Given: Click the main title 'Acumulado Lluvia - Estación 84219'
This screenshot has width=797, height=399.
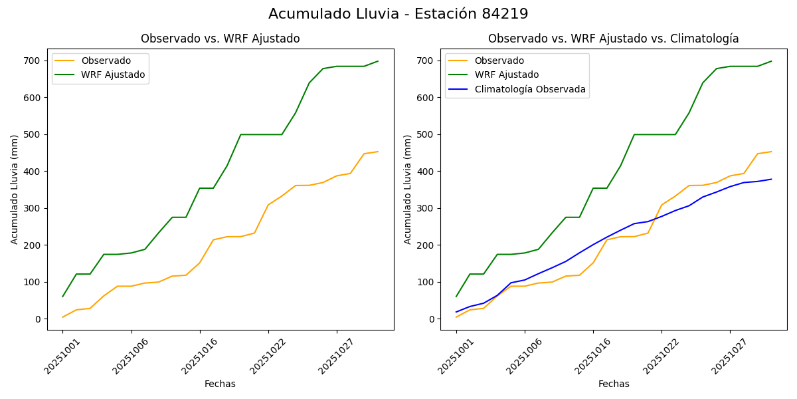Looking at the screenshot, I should pyautogui.click(x=398, y=14).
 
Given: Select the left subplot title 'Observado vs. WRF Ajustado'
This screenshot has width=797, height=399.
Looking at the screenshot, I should pyautogui.click(x=220, y=39).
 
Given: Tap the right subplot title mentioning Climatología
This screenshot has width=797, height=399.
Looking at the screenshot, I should pyautogui.click(x=613, y=39).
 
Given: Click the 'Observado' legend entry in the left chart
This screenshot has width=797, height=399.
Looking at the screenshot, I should pyautogui.click(x=106, y=61).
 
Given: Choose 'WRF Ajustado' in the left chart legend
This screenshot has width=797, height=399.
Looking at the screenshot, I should pyautogui.click(x=113, y=75).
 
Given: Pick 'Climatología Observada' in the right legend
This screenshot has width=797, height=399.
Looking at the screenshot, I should pyautogui.click(x=529, y=90).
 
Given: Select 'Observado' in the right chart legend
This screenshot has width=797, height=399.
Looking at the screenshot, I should pyautogui.click(x=499, y=61).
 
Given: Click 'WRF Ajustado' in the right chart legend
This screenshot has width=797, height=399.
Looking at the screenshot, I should pyautogui.click(x=506, y=75).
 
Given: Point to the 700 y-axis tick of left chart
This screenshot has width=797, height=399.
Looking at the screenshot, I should pyautogui.click(x=35, y=61).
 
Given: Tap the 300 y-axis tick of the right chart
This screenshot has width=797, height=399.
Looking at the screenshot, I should pyautogui.click(x=428, y=208).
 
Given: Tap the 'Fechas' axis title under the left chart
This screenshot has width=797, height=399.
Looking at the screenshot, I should pyautogui.click(x=220, y=384).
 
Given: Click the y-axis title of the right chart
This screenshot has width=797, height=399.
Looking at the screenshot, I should pyautogui.click(x=408, y=190).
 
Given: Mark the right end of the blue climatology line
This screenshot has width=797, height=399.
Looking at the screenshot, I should pyautogui.click(x=771, y=179).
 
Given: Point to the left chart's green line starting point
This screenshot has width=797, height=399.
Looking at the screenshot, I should pyautogui.click(x=63, y=297).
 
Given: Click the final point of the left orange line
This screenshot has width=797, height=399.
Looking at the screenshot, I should pyautogui.click(x=378, y=152).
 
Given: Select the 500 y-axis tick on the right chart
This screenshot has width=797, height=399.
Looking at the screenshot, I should pyautogui.click(x=428, y=134).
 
